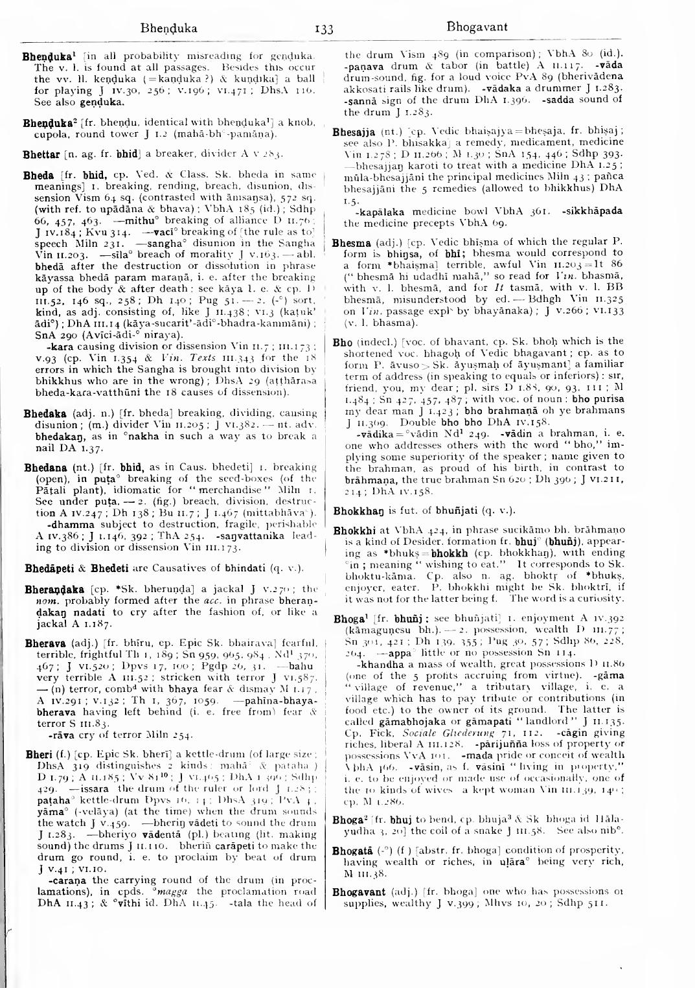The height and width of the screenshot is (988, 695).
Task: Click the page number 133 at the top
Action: [x=323, y=29]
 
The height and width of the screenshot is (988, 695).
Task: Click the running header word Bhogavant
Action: [x=477, y=27]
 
